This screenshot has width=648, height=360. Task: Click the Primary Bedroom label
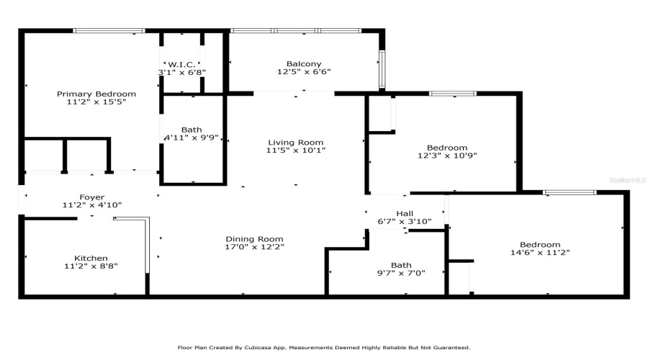pos(96,94)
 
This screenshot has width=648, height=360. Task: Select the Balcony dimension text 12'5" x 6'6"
pos(304,72)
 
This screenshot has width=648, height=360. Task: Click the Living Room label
pos(296,143)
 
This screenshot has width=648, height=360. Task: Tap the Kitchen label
pos(91,258)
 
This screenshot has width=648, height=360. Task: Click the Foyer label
pos(92,197)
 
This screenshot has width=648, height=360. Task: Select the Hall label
pos(405,213)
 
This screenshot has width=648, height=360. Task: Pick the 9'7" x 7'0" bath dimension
pos(401,274)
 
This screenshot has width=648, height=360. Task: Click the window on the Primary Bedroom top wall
pos(109,31)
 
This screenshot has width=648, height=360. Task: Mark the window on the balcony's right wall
pos(382,69)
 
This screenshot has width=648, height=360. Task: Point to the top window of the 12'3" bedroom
pos(453,94)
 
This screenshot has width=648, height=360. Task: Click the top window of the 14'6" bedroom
pos(570,192)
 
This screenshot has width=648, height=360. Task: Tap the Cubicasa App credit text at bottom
pos(324,347)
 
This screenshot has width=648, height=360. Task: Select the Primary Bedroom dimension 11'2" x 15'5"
pos(96,103)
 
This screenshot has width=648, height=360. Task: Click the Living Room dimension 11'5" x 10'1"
pos(296,151)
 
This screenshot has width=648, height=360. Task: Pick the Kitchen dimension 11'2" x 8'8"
pos(91,266)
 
